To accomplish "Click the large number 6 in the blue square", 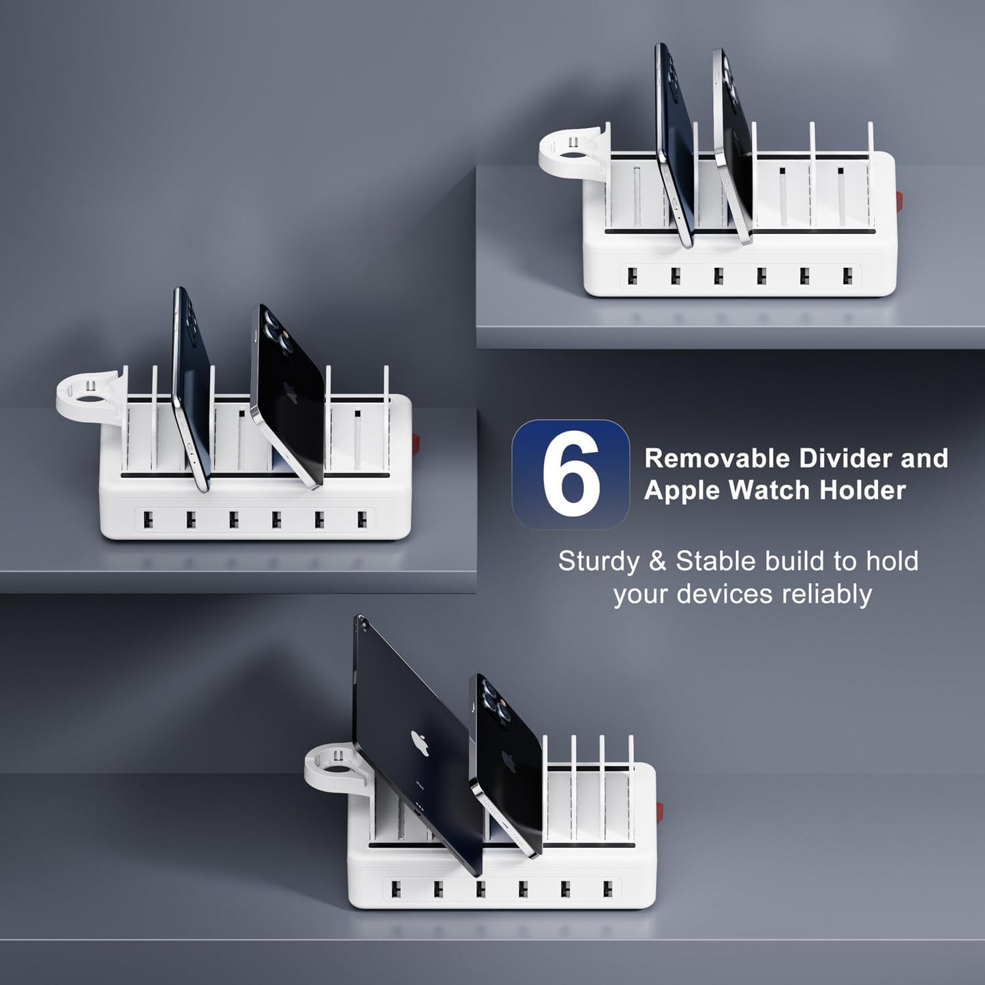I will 571,474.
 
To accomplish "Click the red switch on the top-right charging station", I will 899,202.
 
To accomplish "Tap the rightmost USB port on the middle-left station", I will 361,519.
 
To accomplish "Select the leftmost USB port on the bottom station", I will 395,888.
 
